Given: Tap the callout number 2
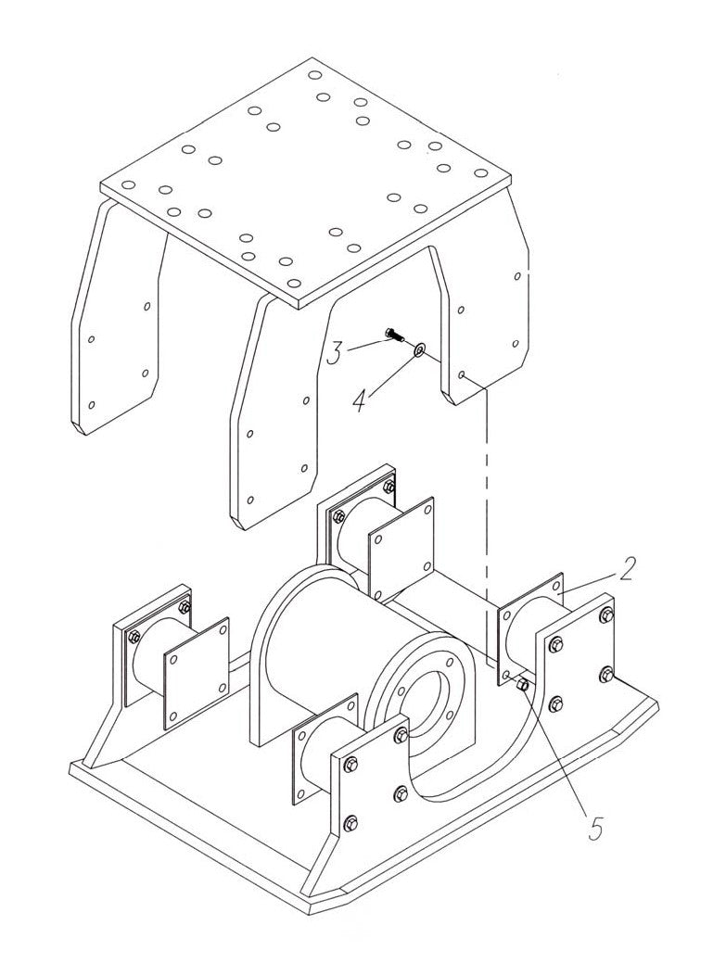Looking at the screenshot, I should [627, 568].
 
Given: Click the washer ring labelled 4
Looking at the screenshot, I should [418, 349].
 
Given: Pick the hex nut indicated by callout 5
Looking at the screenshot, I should [522, 685].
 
